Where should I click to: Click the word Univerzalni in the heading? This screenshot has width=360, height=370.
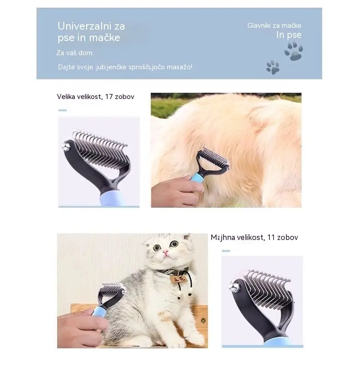84,26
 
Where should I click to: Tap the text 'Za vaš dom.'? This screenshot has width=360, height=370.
75,53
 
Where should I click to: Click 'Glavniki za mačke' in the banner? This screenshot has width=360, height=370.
274,26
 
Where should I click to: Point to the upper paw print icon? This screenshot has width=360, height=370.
293,51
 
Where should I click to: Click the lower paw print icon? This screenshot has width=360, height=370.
273,68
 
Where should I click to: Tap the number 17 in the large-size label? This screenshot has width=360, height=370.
109,97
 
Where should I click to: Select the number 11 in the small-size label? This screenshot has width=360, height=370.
271,237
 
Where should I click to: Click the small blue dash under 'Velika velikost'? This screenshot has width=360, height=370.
62,110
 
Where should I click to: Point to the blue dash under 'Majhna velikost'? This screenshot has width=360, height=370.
226,251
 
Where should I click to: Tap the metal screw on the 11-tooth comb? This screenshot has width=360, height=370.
234,287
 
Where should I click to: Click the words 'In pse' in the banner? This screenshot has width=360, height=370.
289,35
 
